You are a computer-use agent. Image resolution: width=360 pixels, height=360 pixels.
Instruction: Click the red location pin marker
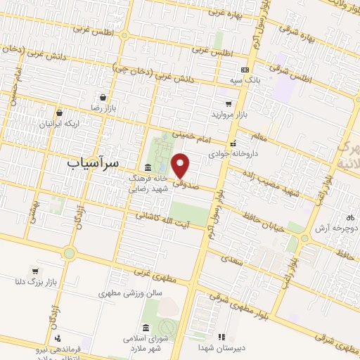181,165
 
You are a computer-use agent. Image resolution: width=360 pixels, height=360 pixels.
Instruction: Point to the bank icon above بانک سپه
245,70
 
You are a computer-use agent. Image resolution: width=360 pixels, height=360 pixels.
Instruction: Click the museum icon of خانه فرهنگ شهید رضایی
148,167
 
